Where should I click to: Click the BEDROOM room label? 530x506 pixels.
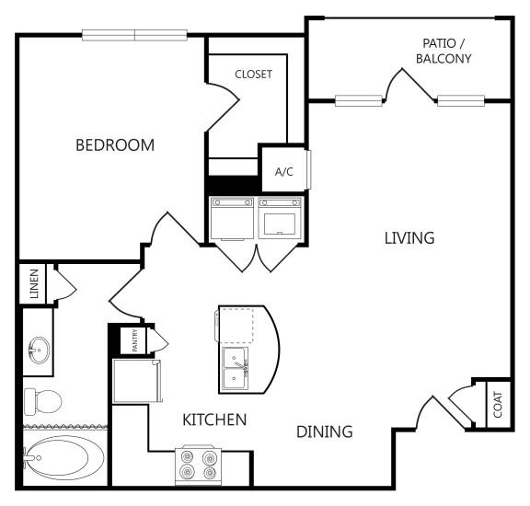click(x=115, y=145)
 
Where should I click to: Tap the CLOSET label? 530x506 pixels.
click(x=254, y=75)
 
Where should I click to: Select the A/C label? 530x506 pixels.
click(x=284, y=172)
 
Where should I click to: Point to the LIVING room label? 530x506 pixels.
click(x=409, y=238)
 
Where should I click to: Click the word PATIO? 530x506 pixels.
click(x=439, y=43)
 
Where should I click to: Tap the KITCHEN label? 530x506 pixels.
click(x=214, y=420)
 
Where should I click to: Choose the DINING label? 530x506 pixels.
click(x=325, y=431)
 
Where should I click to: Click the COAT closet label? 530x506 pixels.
click(x=498, y=405)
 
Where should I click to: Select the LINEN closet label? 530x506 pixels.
click(x=34, y=284)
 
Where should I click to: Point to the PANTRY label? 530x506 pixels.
click(x=135, y=340)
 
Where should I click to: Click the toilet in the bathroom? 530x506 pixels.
click(x=43, y=401)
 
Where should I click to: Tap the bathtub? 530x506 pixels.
click(x=64, y=457)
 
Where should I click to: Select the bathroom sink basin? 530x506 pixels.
click(x=39, y=351)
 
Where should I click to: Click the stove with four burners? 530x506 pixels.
click(x=199, y=466)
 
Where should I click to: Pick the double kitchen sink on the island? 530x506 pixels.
click(x=235, y=369)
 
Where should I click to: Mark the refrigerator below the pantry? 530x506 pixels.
click(x=136, y=381)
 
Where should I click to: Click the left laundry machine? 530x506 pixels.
click(x=232, y=219)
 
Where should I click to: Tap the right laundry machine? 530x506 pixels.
click(x=280, y=218)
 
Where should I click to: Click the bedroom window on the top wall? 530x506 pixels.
click(x=134, y=35)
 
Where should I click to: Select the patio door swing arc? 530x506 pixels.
click(x=391, y=81)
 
